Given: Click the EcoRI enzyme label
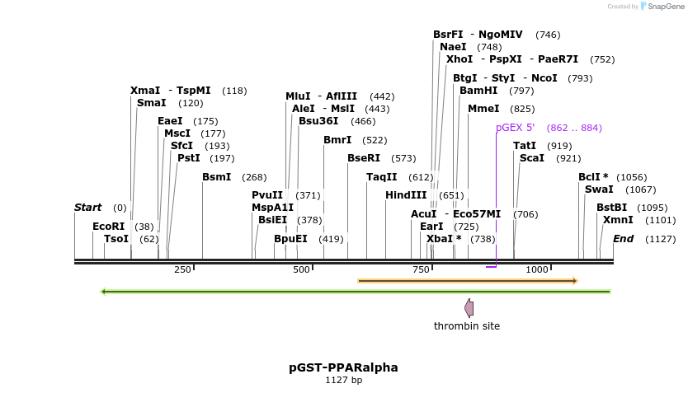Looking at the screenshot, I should coord(108,226).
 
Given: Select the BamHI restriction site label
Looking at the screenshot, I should coord(478,90).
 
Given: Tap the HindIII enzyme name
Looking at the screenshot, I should coord(406,195).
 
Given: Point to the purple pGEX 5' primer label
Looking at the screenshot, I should coord(515,128).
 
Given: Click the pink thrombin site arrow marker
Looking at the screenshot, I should coord(469,308).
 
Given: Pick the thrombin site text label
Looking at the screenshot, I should coord(467,326).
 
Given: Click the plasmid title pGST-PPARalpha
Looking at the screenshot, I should coord(343,367).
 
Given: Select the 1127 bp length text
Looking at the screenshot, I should coord(343,381).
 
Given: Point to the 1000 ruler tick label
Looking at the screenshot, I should coord(537,269).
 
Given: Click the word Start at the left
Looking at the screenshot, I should coord(88,208).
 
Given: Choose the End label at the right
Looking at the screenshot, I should coord(623,239).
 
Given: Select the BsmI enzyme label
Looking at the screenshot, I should coord(217,177).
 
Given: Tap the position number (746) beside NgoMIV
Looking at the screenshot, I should coord(548,35).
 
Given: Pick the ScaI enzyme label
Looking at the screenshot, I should coord(532,158).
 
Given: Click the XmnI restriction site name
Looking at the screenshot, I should coord(618,220).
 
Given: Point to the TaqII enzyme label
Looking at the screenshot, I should coord(382,177).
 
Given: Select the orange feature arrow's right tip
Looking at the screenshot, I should coord(575,281).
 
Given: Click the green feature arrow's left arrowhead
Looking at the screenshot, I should coord(103,291).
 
